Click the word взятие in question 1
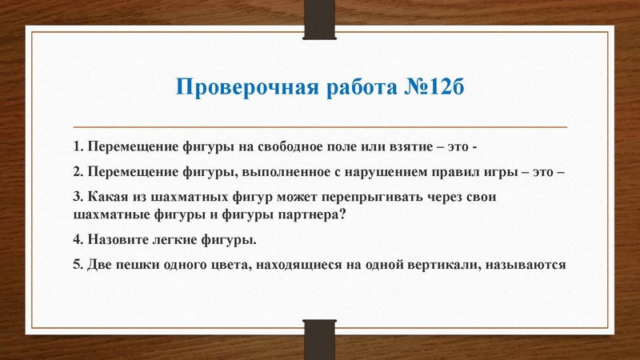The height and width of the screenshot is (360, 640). tap(418, 148)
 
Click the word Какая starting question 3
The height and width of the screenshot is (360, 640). tap(109, 197)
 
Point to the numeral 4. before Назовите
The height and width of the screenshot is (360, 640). tap(78, 239)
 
